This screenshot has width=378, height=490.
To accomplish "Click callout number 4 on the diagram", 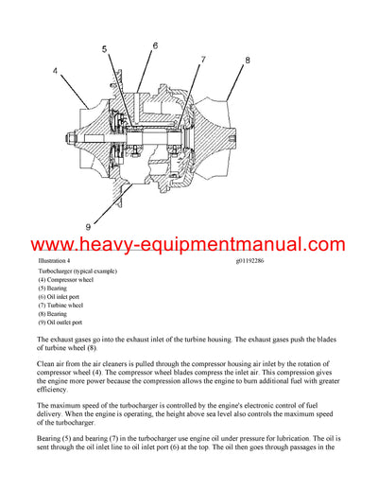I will click(57, 71).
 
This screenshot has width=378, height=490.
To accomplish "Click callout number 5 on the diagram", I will click(104, 50).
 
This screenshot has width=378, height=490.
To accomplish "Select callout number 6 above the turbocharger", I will click(155, 45).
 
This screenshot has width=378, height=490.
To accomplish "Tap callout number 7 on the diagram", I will click(202, 61).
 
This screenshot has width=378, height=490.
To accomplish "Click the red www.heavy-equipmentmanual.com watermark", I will click(189, 245).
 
